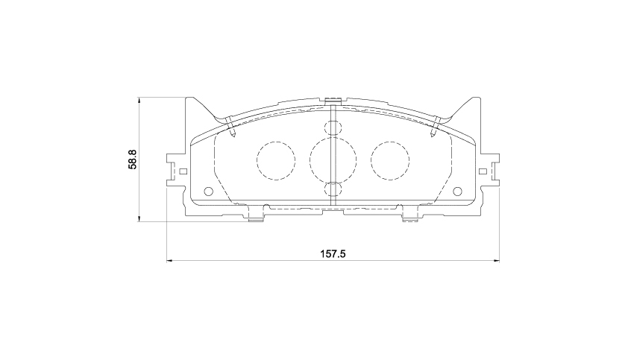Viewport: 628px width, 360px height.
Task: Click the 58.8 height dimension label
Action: click(x=133, y=160)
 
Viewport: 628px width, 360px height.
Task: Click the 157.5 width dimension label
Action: click(x=333, y=254)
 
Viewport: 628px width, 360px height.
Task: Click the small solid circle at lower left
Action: click(x=208, y=192)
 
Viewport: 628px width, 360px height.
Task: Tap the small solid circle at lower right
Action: click(x=457, y=192)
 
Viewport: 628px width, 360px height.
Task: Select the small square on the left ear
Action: click(x=183, y=171)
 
